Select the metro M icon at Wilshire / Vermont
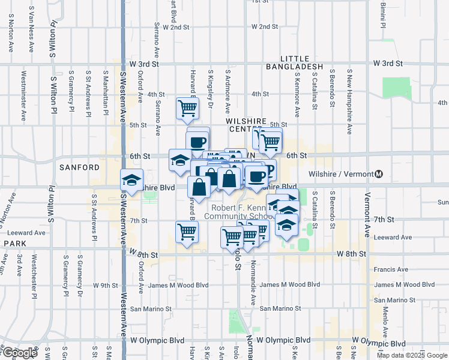pos(379,174)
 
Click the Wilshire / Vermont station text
pos(340,174)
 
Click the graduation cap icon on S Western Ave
pos(131,179)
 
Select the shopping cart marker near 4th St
pos(188,109)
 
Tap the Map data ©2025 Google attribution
pos(411,355)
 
